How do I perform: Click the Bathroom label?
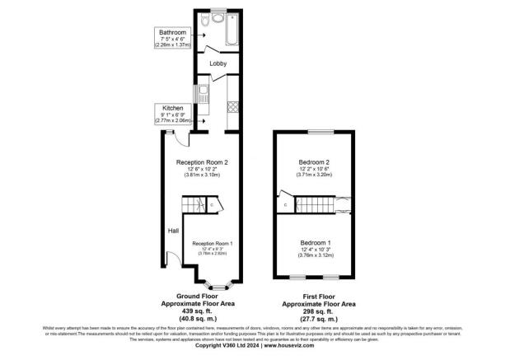173,32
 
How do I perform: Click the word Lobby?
218,63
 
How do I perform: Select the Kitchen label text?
173,108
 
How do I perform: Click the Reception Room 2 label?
202,163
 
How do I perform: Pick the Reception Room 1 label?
213,244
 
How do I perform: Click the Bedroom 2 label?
315,163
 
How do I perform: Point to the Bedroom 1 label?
315,244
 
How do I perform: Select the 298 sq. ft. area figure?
316,310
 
